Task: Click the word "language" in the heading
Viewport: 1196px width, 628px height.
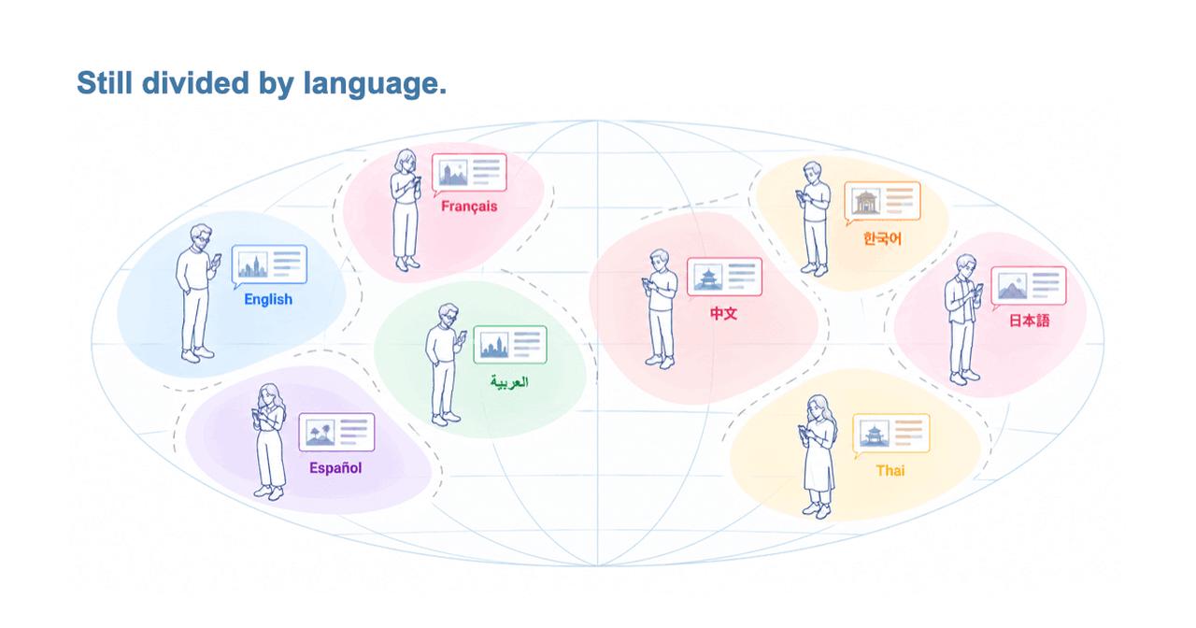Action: [x=375, y=84]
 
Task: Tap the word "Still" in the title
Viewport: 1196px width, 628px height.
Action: [x=105, y=83]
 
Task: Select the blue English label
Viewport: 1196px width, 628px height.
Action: [x=268, y=299]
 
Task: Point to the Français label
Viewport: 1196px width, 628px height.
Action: [x=469, y=207]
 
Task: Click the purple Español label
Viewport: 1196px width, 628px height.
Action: [x=335, y=468]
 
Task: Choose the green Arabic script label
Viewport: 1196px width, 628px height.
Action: [x=509, y=382]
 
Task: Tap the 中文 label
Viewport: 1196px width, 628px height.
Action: [x=723, y=313]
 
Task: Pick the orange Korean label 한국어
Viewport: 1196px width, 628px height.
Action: [x=882, y=238]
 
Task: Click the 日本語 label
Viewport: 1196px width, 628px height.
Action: [x=1029, y=321]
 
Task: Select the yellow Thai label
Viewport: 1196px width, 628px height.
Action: [x=890, y=470]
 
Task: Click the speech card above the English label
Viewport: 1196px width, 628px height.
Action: [x=269, y=265]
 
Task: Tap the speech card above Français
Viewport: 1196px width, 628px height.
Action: [x=469, y=173]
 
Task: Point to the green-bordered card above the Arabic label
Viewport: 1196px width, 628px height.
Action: [x=510, y=345]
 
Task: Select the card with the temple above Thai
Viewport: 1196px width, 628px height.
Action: [x=890, y=435]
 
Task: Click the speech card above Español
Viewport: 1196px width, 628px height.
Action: [x=336, y=433]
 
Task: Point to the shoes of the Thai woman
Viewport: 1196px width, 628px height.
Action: [x=818, y=509]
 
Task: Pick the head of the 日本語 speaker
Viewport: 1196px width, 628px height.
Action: [x=966, y=267]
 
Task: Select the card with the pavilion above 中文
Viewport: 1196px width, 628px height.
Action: [x=724, y=277]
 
